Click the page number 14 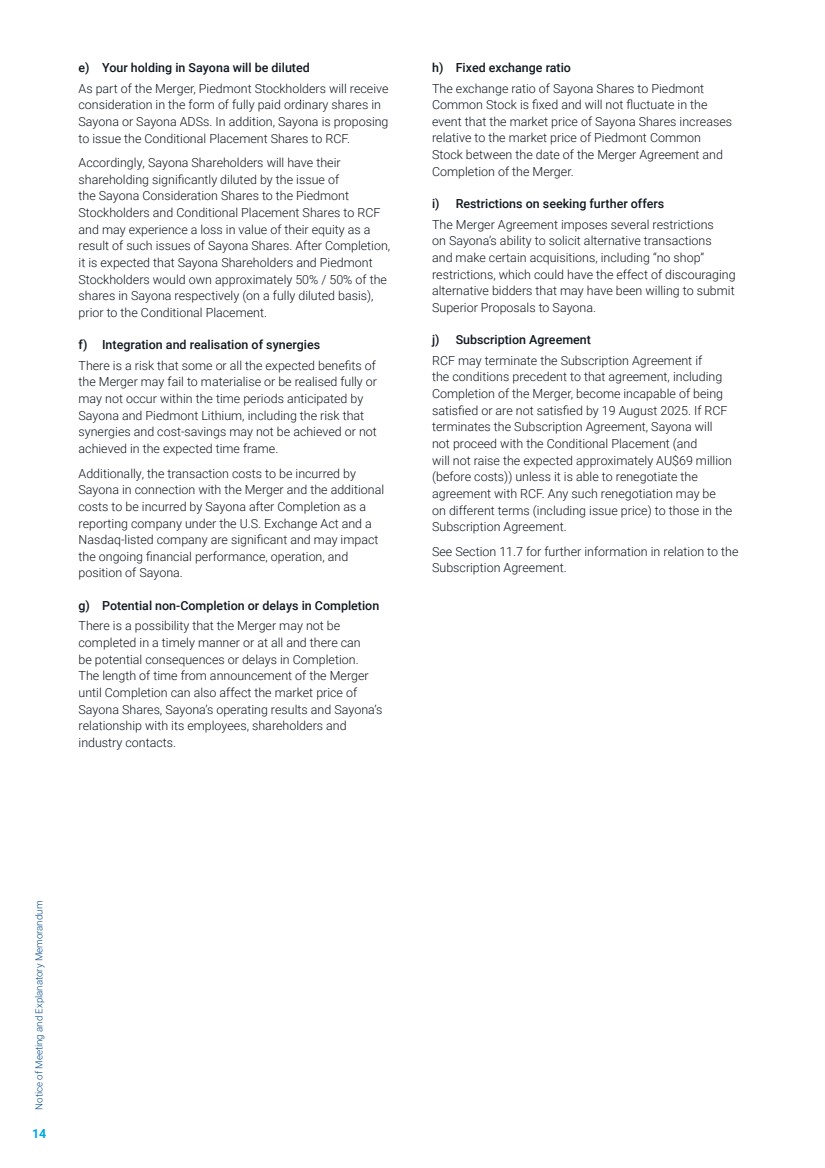[x=39, y=1133]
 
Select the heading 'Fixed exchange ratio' [x=512, y=68]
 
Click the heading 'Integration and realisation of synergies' [x=210, y=345]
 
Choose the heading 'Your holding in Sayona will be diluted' [x=205, y=68]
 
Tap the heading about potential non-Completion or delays [x=240, y=606]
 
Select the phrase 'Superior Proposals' [x=479, y=307]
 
